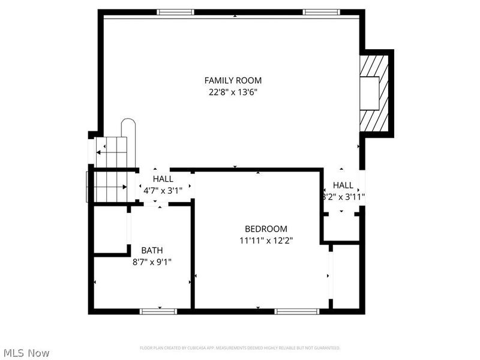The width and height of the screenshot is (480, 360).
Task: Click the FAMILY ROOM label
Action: (x=233, y=80)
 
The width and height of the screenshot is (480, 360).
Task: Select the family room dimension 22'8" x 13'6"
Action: (x=233, y=92)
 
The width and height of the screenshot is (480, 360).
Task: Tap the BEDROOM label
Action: (x=266, y=229)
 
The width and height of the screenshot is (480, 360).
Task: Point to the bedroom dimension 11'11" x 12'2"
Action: (x=266, y=240)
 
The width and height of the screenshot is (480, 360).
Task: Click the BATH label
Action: (x=152, y=250)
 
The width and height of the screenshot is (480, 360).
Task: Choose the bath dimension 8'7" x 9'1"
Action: (x=152, y=261)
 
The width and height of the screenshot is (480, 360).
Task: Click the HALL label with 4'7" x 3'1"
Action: (x=163, y=179)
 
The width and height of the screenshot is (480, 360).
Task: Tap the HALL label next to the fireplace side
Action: (x=343, y=185)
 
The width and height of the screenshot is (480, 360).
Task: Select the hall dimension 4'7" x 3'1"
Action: (x=163, y=190)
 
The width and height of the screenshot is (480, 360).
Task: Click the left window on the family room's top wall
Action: (x=175, y=12)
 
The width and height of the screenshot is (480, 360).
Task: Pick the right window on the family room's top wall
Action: (x=321, y=12)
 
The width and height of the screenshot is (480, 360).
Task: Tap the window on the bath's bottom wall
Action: (x=158, y=311)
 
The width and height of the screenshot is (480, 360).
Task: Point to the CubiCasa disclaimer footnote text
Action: (x=240, y=348)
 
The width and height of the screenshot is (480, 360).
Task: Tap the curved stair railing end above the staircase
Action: (x=129, y=127)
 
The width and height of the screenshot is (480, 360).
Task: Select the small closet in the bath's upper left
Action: (x=110, y=230)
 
